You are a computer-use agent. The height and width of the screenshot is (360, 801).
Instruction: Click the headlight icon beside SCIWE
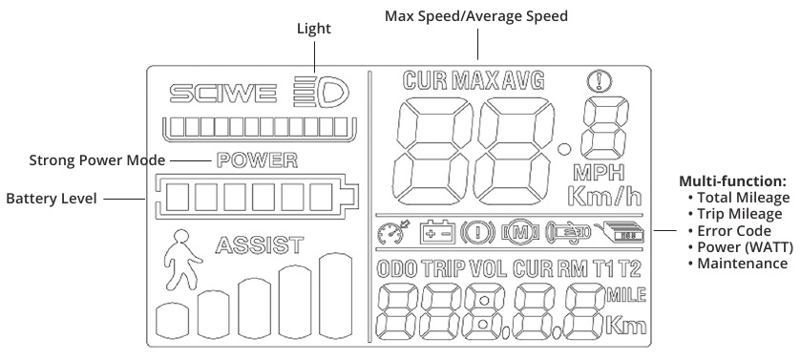[x=322, y=92]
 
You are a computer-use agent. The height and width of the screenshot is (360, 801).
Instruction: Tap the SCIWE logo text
[x=223, y=94]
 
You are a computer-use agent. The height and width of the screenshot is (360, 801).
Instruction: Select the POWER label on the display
[x=257, y=160]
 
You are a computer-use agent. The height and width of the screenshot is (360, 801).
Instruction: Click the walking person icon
[x=181, y=260]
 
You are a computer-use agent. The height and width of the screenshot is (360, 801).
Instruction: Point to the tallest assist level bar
[x=336, y=296]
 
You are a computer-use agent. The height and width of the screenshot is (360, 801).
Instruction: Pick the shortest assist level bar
[x=172, y=321]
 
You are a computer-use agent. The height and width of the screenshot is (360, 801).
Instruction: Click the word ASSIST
[x=260, y=245]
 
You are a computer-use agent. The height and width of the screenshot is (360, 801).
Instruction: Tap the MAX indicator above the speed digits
[x=475, y=80]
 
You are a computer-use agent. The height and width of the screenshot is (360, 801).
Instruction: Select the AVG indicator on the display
[x=523, y=80]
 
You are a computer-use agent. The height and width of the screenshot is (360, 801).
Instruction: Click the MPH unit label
[x=600, y=173]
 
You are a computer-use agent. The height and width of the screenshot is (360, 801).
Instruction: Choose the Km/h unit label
[x=604, y=197]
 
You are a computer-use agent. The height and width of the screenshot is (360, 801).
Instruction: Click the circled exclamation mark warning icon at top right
[x=600, y=80]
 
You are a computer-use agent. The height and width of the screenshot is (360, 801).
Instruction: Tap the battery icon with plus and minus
[x=436, y=233]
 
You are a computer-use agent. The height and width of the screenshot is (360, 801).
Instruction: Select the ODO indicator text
[x=397, y=269]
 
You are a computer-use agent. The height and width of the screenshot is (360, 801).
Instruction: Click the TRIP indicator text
[x=442, y=269]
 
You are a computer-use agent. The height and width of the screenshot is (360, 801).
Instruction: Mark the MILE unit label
[x=625, y=295]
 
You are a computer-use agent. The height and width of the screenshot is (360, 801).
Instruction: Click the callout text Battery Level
[x=52, y=199]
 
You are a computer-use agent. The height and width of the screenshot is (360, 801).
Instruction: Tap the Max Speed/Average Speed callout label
[x=476, y=16]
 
